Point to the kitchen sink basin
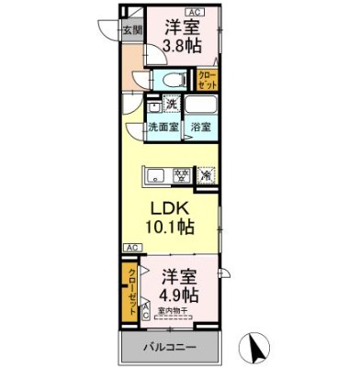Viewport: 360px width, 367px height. [152, 173]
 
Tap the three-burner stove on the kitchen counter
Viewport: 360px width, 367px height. [183, 173]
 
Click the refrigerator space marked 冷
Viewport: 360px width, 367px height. [208, 173]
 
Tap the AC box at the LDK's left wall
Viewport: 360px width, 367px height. [132, 247]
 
